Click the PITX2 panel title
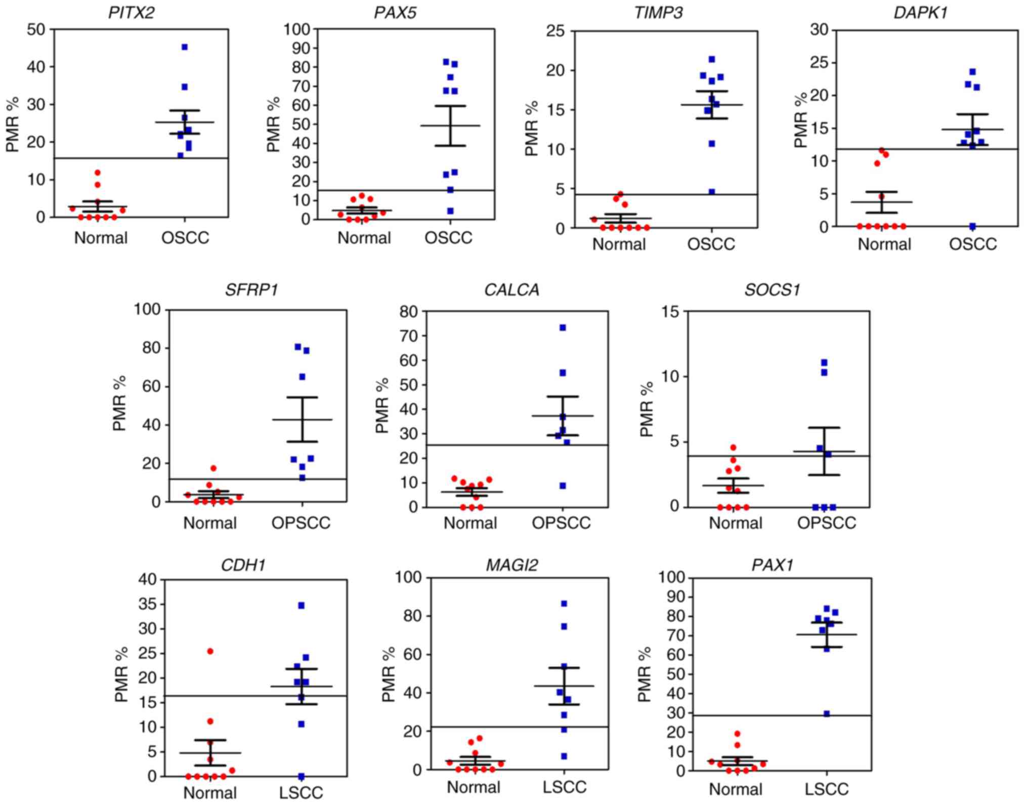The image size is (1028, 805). pyautogui.click(x=131, y=12)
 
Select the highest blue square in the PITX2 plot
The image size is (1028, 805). pyautogui.click(x=185, y=47)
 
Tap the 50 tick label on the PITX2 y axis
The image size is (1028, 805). pyautogui.click(x=36, y=29)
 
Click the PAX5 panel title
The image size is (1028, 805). pyautogui.click(x=395, y=12)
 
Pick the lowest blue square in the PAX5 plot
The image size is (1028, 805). pyautogui.click(x=450, y=211)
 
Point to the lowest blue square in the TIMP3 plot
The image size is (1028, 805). pyautogui.click(x=712, y=192)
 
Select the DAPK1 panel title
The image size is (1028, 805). pyautogui.click(x=920, y=12)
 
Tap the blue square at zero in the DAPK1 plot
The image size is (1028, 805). pyautogui.click(x=972, y=226)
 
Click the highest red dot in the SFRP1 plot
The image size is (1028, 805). pyautogui.click(x=213, y=468)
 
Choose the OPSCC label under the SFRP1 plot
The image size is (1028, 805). pyautogui.click(x=301, y=523)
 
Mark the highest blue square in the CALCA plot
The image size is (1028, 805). pyautogui.click(x=563, y=328)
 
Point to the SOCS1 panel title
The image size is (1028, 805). pyautogui.click(x=772, y=290)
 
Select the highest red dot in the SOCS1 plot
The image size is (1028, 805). pyautogui.click(x=733, y=447)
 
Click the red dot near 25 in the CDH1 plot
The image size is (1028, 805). pyautogui.click(x=210, y=651)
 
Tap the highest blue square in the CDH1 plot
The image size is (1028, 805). pyautogui.click(x=302, y=605)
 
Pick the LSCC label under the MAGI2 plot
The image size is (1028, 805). pyautogui.click(x=565, y=787)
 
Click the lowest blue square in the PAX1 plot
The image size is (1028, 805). pyautogui.click(x=827, y=713)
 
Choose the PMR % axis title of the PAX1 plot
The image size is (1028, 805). pyautogui.click(x=644, y=674)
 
